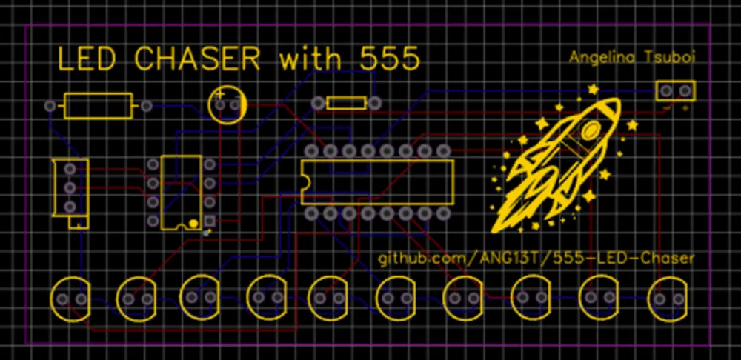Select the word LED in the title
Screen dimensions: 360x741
point(87,59)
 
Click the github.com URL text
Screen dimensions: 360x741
point(537,259)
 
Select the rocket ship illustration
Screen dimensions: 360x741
point(563,163)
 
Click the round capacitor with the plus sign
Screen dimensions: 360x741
point(227,104)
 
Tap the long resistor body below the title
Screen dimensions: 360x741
point(99,106)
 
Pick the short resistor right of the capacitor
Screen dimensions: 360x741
point(347,103)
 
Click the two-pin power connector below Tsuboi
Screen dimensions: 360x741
point(675,91)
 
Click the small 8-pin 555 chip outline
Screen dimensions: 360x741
point(182,192)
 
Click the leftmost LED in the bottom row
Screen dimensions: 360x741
point(70,299)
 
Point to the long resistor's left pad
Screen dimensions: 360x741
point(50,106)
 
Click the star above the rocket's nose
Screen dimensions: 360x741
point(593,90)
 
